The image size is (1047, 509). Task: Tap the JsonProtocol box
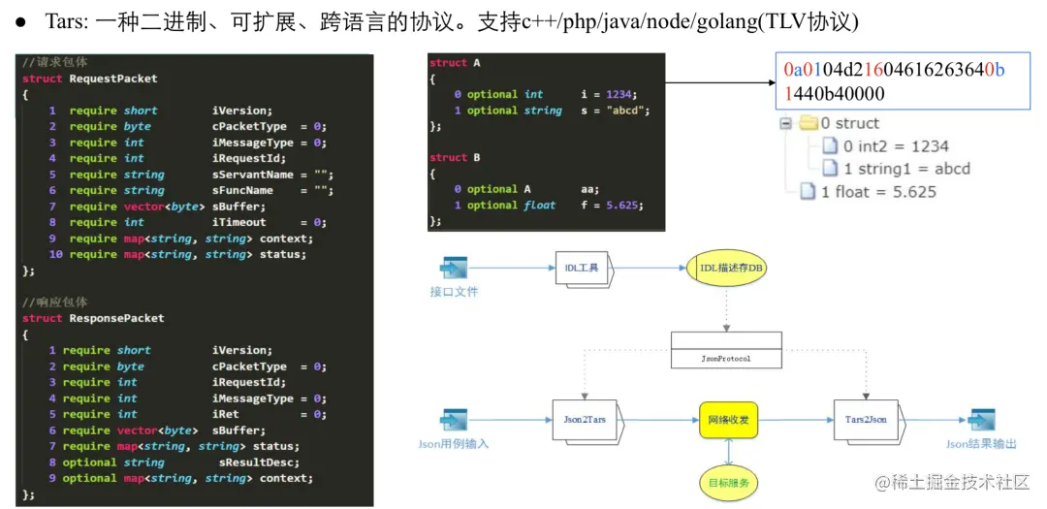pyautogui.click(x=726, y=350)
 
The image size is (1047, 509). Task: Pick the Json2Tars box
pyautogui.click(x=584, y=419)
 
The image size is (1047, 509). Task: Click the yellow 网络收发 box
pyautogui.click(x=727, y=420)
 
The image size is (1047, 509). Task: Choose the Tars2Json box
pyautogui.click(x=865, y=419)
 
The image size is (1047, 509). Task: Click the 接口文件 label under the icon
pyautogui.click(x=454, y=291)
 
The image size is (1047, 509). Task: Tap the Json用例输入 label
pyautogui.click(x=454, y=444)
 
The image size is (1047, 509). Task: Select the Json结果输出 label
pyautogui.click(x=981, y=444)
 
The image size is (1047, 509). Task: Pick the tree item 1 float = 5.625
pyautogui.click(x=878, y=191)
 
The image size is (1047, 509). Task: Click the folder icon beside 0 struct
pyautogui.click(x=808, y=123)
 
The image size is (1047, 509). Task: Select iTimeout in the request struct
pyautogui.click(x=239, y=222)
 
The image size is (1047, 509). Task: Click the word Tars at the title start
pyautogui.click(x=60, y=21)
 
